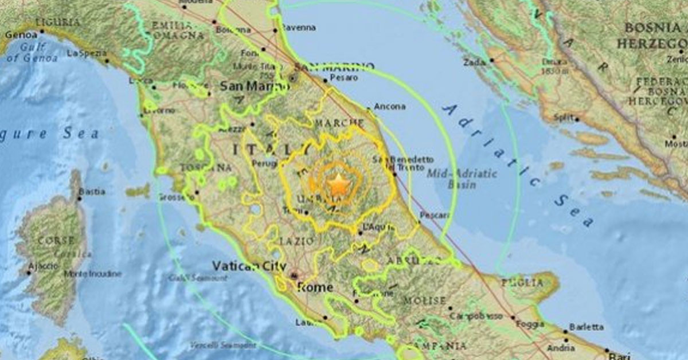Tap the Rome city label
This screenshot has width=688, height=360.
coord(315,287)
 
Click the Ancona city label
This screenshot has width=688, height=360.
coord(389,106)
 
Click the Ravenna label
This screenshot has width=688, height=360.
coord(298,27)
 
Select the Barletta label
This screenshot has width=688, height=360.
coord(586,327)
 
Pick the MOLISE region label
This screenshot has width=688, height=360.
coord(424,300)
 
